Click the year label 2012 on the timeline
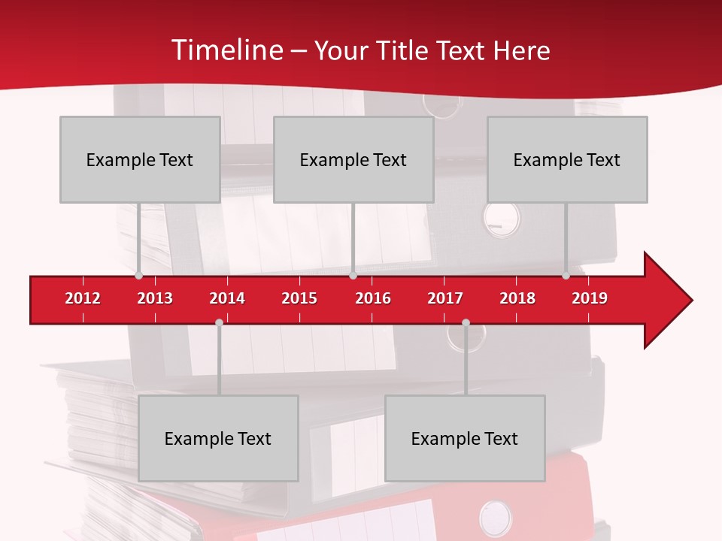click(x=83, y=298)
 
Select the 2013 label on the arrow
click(x=155, y=298)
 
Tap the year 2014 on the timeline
click(x=227, y=298)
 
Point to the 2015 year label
click(x=299, y=298)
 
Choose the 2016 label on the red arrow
click(x=373, y=298)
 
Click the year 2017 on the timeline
click(x=445, y=298)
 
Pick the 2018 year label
click(x=517, y=298)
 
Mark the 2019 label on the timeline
click(x=590, y=298)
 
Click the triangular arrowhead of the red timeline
click(x=666, y=300)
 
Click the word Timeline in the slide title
click(x=226, y=50)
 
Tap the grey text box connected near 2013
click(x=140, y=159)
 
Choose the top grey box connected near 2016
click(x=353, y=159)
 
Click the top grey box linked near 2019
click(x=567, y=159)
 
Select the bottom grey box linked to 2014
click(x=218, y=438)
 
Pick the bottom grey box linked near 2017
click(x=465, y=438)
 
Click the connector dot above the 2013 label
click(x=138, y=276)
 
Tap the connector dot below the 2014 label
click(x=219, y=322)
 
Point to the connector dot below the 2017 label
click(x=466, y=322)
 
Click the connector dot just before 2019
click(x=566, y=276)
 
